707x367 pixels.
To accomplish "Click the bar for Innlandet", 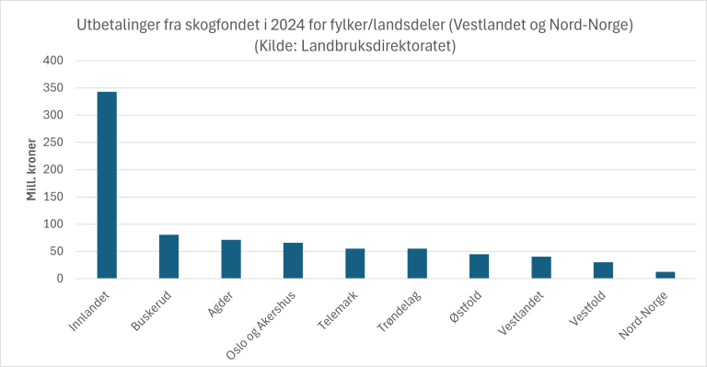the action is (107, 185).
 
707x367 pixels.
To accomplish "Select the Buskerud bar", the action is (168, 257).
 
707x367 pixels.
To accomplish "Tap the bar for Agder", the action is (231, 259).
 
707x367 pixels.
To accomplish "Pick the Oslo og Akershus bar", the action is (293, 260).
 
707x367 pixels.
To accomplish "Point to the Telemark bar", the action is (355, 263).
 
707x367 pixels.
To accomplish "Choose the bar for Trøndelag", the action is (417, 263).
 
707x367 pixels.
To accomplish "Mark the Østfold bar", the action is (480, 266).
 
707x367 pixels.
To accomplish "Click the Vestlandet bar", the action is (541, 268).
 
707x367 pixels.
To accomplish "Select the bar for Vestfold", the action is (603, 270).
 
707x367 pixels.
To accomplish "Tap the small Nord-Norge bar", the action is (666, 275).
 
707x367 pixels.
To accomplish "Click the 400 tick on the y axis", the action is (53, 61).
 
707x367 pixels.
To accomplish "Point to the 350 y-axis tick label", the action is (53, 87).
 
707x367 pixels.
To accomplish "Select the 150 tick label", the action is (53, 197).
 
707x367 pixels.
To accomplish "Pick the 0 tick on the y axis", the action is (60, 279).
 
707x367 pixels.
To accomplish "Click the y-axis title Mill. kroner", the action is (31, 169).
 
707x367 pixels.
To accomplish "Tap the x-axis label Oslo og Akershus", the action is (261, 325).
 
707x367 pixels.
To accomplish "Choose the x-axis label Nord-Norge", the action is (643, 315).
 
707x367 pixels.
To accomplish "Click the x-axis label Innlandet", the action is (89, 312).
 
